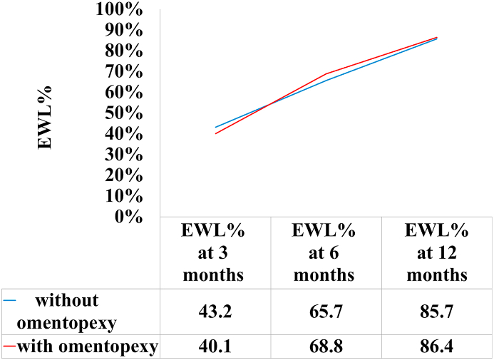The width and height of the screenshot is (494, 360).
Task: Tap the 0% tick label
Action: [132, 217]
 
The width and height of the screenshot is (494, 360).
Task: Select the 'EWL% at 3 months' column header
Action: [215, 253]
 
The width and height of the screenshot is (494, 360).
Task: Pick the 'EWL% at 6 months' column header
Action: [326, 253]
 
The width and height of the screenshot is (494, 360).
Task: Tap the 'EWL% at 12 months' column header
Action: [437, 253]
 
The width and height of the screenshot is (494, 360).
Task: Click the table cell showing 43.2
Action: [215, 312]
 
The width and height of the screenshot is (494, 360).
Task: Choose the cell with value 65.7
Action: [326, 312]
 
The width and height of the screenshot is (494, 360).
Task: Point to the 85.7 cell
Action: [437, 312]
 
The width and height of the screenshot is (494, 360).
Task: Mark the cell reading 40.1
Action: [215, 347]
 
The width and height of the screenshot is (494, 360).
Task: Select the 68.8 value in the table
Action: [326, 347]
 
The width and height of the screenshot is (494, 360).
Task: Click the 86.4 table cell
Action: [437, 347]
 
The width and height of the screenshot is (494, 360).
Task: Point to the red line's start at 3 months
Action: [215, 133]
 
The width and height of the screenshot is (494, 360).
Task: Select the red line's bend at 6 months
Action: [326, 73]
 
